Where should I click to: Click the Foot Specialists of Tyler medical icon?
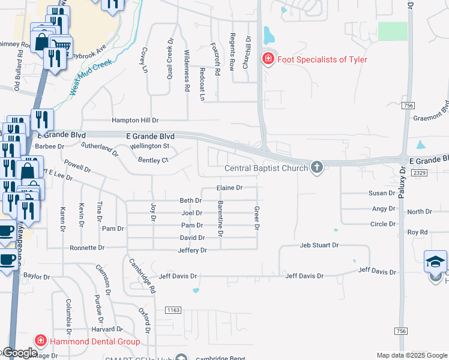coord(268,59)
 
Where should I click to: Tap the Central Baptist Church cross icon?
coord(317,167)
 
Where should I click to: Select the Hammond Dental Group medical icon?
coord(41,341)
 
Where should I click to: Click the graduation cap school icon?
coord(436,261)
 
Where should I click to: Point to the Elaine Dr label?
coord(229,188)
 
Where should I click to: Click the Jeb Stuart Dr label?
coord(320,245)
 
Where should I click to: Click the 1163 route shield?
coord(173,310)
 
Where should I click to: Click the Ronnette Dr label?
coord(87,247)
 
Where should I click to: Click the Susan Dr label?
coord(382,194)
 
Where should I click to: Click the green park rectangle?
coord(393,31)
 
